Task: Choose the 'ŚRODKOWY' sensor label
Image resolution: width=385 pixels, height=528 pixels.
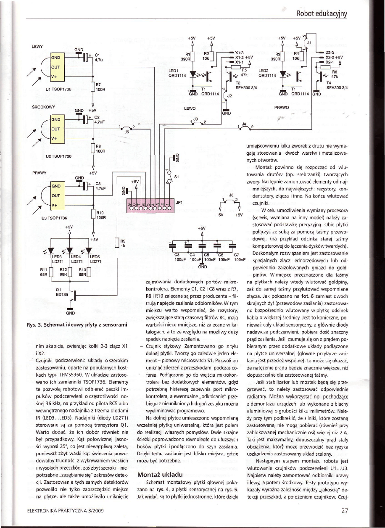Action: pos(42,106)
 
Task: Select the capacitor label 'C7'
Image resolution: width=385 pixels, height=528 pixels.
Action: pos(236,256)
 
